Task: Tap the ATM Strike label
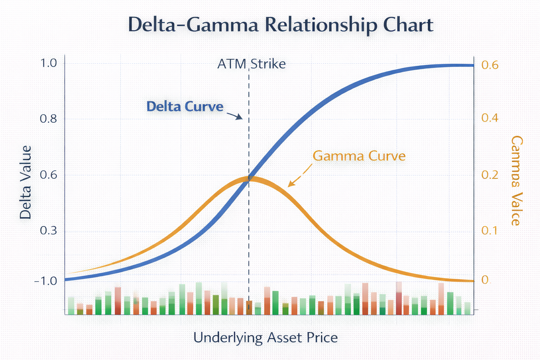click(x=251, y=64)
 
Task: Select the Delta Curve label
click(x=185, y=106)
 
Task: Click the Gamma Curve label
click(x=359, y=156)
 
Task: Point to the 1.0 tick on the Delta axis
click(x=48, y=63)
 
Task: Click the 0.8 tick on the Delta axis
click(x=48, y=119)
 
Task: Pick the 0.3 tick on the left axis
click(x=48, y=231)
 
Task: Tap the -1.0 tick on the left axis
click(x=46, y=281)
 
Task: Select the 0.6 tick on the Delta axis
click(x=48, y=175)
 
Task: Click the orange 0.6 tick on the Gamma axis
click(x=490, y=65)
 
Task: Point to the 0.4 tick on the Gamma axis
click(x=490, y=118)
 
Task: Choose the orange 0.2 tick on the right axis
click(x=490, y=175)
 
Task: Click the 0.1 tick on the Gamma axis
click(x=490, y=231)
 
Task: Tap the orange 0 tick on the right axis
click(x=485, y=280)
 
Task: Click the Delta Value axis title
click(x=26, y=182)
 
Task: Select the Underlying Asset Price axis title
click(x=265, y=338)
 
